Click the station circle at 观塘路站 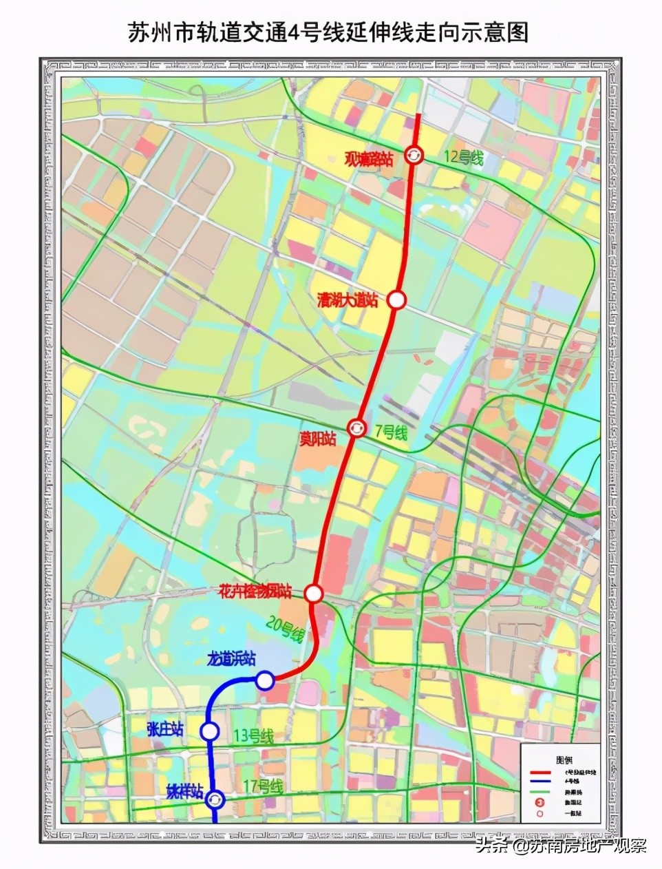coord(414,156)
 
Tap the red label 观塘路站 coord(368,160)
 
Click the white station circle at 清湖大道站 coord(396,300)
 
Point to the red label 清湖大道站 coord(348,300)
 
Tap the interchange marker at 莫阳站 coord(356,428)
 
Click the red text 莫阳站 coord(317,439)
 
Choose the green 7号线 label coord(390,432)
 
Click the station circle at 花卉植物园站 coord(314,593)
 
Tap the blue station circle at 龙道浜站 coord(265,681)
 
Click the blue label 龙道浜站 coord(231,659)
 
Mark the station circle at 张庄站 coord(210,731)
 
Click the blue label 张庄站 coord(164,729)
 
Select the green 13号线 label coord(253,736)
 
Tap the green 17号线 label coord(264,787)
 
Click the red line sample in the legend coord(541,773)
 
